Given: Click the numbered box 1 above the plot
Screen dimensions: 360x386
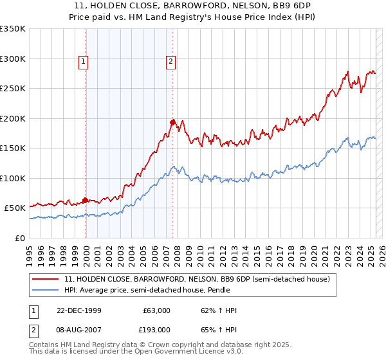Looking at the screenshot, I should [84, 62].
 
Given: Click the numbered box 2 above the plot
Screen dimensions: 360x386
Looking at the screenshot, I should [170, 62].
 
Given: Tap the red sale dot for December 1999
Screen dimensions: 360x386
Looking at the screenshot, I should [86, 200].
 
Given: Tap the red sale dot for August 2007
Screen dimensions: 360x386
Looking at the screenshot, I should [172, 122].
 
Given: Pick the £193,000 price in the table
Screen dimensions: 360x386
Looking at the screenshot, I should [156, 329].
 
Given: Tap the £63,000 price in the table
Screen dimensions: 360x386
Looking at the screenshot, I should [156, 310].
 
